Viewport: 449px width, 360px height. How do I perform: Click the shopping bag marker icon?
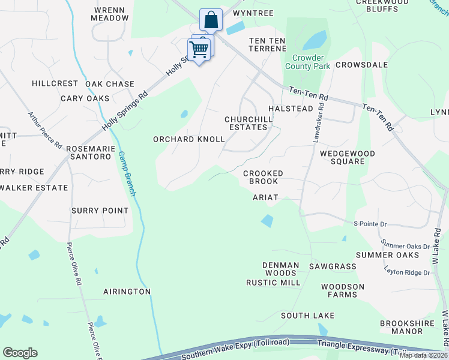pos(211,20)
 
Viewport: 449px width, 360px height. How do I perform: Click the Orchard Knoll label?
pos(188,139)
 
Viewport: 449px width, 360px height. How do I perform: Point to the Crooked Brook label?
pos(262,177)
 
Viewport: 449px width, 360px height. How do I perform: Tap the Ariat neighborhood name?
pos(265,197)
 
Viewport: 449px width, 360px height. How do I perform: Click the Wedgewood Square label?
pos(348,158)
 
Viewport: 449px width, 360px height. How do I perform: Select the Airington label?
pos(127,292)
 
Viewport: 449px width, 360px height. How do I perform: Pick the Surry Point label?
pos(100,211)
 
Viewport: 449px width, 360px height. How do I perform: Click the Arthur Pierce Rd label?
pos(44,130)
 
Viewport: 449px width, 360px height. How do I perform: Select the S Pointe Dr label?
pos(372,223)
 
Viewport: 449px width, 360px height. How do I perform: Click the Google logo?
pos(20,353)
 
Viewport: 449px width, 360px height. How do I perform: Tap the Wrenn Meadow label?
pos(110,14)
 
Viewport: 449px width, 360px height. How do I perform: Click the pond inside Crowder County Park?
pos(315,40)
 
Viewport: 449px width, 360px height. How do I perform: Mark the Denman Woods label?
pos(281,269)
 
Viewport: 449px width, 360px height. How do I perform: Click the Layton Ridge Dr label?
pos(408,272)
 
